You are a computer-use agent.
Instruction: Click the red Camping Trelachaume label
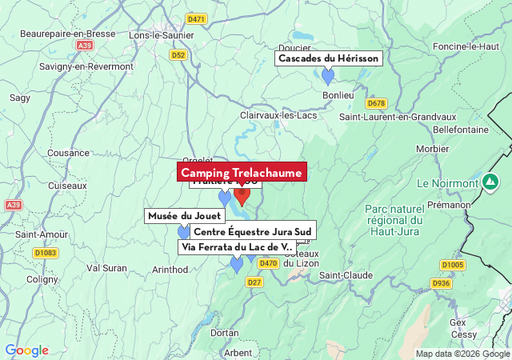[241, 173]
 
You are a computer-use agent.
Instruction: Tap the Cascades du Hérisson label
[329, 58]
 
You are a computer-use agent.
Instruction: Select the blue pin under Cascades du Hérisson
[327, 76]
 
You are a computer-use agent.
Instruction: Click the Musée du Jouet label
[184, 216]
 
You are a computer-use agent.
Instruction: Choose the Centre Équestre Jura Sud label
[252, 232]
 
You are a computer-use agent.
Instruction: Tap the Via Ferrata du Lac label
[237, 247]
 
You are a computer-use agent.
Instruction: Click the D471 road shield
[195, 18]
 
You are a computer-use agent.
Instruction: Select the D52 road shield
[178, 55]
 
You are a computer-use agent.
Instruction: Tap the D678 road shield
[376, 103]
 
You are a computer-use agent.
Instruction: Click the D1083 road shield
[46, 253]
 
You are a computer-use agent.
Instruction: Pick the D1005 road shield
[452, 265]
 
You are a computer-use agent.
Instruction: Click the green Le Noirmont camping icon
[490, 182]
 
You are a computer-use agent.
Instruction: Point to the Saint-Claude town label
[346, 275]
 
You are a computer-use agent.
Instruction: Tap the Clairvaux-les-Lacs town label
[278, 115]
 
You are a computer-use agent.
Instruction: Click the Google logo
[26, 350]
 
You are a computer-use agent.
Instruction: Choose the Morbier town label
[433, 148]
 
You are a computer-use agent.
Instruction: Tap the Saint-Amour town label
[42, 234]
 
